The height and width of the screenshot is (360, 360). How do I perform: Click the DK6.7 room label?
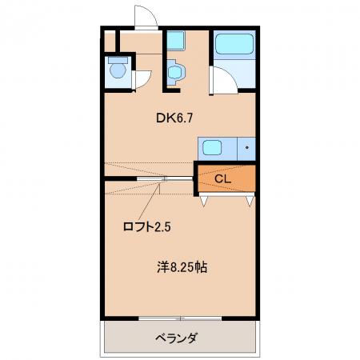click(x=174, y=118)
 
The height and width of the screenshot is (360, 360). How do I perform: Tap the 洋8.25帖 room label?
click(x=182, y=267)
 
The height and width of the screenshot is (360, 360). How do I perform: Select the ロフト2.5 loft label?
click(x=146, y=227)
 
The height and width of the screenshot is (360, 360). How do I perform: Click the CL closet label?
click(x=222, y=179)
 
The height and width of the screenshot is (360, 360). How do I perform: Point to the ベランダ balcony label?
click(x=177, y=338)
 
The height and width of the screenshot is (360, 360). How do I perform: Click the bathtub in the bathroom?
click(x=234, y=44)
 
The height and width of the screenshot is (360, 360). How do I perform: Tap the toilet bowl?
click(x=118, y=70)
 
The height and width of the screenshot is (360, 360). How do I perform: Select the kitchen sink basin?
click(x=212, y=147)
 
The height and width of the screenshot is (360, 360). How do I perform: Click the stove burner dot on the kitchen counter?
click(x=247, y=147)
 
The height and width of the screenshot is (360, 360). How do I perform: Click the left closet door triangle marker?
click(x=203, y=201)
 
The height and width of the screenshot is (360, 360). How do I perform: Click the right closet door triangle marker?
click(x=250, y=201)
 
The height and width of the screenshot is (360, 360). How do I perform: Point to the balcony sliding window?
click(x=180, y=318)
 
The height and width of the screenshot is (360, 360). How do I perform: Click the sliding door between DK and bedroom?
click(x=165, y=178)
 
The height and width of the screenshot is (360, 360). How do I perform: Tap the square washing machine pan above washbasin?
click(x=176, y=40)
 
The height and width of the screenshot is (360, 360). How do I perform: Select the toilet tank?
click(x=118, y=60)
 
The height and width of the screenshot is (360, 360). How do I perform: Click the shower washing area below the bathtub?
click(x=234, y=74)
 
